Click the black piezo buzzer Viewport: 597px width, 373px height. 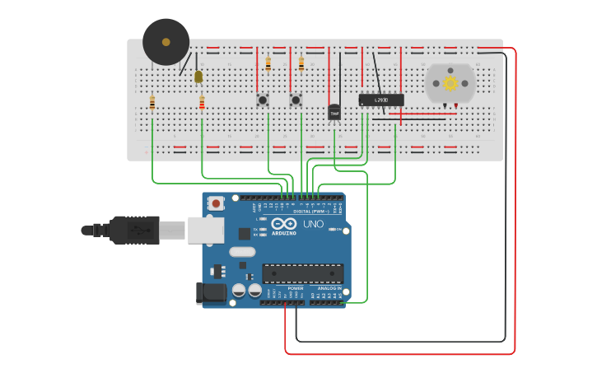tap(166, 42)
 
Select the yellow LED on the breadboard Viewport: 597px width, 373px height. tap(198, 77)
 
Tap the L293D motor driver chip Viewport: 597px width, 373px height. tap(380, 100)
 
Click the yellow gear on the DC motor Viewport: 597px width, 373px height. tap(450, 82)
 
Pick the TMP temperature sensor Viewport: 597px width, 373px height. tap(334, 112)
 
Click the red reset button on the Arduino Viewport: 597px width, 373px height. tap(217, 203)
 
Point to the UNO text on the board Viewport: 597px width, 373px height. tap(314, 224)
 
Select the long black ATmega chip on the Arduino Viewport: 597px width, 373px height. tap(302, 273)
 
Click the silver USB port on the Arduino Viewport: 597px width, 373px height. tap(205, 230)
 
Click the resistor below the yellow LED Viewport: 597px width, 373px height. tap(202, 103)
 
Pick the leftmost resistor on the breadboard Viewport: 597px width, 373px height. tap(152, 103)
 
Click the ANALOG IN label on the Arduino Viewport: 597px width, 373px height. tap(329, 288)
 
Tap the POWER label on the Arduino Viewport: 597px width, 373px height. tap(295, 288)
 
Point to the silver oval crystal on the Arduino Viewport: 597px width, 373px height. tap(242, 252)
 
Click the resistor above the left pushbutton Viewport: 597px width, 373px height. tap(268, 63)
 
